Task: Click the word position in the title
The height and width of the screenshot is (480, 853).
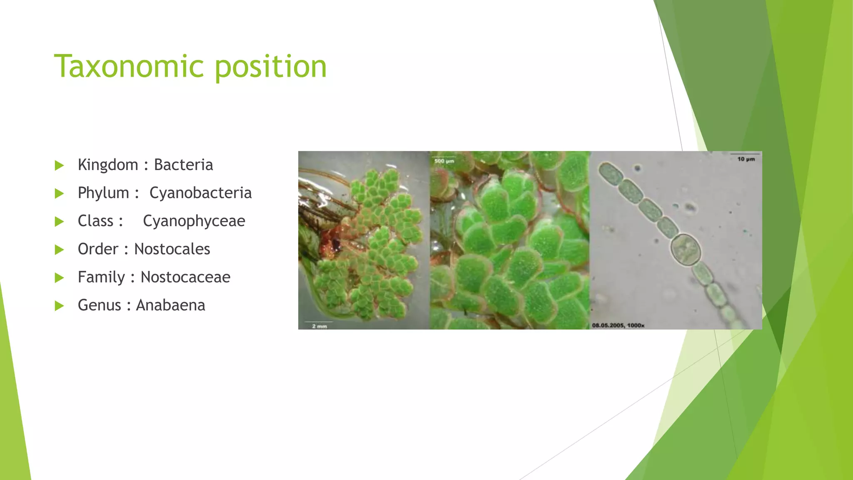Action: (x=271, y=67)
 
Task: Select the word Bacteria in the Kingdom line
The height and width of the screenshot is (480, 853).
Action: (x=183, y=165)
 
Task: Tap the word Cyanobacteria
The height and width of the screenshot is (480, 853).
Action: (x=200, y=193)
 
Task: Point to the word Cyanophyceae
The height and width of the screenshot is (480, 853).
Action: (x=194, y=221)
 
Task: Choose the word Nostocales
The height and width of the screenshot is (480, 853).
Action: (x=172, y=249)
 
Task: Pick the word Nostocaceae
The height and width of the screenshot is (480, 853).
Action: (x=185, y=277)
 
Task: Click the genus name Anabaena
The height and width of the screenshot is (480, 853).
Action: (x=170, y=305)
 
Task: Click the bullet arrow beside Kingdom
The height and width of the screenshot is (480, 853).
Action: (x=59, y=165)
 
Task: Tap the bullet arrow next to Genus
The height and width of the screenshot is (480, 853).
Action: (x=59, y=306)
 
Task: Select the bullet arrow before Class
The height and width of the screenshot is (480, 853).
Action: (x=59, y=222)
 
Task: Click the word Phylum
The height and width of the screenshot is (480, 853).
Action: (x=103, y=193)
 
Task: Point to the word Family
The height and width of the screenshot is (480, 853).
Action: (x=101, y=277)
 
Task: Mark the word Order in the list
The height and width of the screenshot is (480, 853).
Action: (x=98, y=249)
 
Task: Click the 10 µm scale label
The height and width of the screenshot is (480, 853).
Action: (x=746, y=159)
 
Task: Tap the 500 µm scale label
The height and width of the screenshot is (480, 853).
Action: (x=444, y=161)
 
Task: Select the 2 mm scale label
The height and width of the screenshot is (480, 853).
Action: (x=319, y=326)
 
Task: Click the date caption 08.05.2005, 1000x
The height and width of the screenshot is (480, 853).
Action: (x=618, y=325)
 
